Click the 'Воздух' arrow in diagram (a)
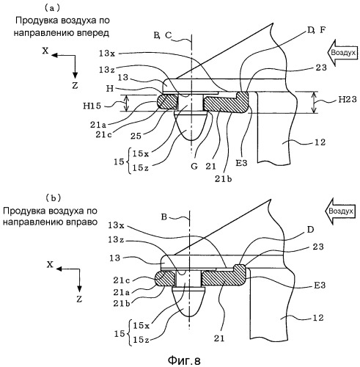[342, 53]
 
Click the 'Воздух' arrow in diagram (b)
[340, 211]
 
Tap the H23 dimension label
[348, 99]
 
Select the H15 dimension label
[92, 106]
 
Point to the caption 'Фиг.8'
[184, 360]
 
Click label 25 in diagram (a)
[136, 136]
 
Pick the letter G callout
[194, 167]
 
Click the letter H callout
[110, 89]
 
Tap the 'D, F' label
[317, 30]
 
